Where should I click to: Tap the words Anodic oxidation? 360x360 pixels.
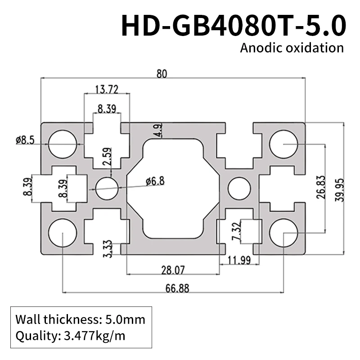click(292, 48)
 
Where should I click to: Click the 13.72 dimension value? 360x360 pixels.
click(106, 90)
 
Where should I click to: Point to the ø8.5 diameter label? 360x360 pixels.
click(25, 140)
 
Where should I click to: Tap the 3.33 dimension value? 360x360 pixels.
click(108, 248)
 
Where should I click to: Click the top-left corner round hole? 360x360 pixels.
click(63, 144)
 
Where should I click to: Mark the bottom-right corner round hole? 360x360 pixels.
click(283, 233)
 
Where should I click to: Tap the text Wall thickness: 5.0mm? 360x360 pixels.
click(80, 320)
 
